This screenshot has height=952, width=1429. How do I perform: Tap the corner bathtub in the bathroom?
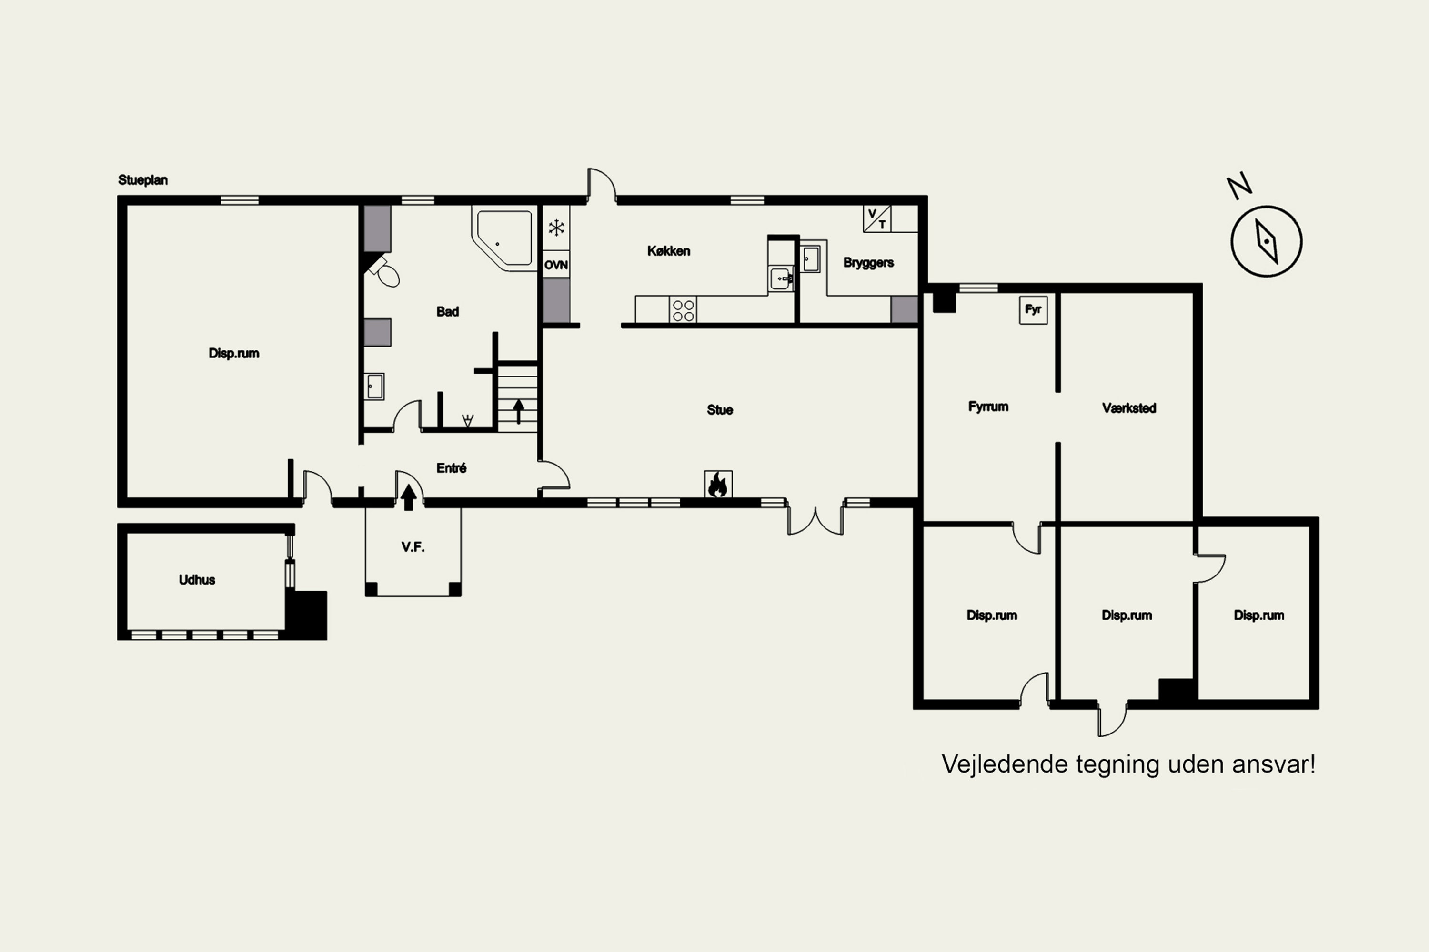coord(503,238)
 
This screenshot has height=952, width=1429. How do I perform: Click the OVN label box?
coord(556,265)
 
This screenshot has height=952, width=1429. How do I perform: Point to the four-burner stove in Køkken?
coord(683,310)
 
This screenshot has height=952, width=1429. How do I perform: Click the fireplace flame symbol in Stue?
coord(717,484)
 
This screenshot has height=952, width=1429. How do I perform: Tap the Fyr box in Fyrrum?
coord(1033,310)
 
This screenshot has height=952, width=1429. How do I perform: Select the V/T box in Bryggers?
coord(877,218)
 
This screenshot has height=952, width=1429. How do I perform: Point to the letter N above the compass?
coord(1239,185)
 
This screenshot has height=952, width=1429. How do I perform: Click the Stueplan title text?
coord(143,180)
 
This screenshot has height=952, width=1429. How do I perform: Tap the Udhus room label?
coord(197,580)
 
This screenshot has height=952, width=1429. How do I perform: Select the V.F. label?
coord(413,547)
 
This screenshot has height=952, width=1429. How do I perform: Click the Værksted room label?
coord(1129,408)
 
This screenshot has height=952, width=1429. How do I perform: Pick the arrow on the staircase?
coord(518,411)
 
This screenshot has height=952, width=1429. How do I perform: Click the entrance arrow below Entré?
coord(409,496)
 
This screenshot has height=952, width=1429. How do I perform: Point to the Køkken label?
coord(668,251)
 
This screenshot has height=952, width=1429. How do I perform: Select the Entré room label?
coord(452,468)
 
